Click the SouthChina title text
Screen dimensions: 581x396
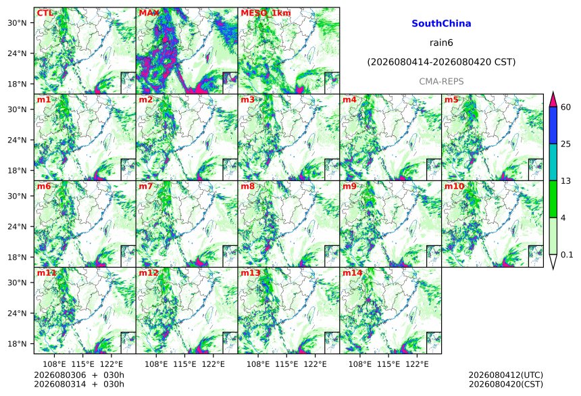(x=441, y=24)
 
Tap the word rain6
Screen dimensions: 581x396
(x=441, y=43)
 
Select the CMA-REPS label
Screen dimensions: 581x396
(x=441, y=82)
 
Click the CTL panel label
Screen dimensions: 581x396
(x=45, y=13)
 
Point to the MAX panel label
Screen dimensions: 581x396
(x=149, y=13)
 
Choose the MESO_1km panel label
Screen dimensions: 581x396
(x=266, y=14)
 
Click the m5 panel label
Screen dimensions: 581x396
(x=451, y=100)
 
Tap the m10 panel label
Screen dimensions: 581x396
(x=454, y=186)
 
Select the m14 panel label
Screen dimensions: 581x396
(x=353, y=273)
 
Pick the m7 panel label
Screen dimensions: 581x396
(x=146, y=186)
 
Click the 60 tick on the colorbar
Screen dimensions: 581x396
(x=566, y=107)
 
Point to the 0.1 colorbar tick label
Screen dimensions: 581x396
(x=567, y=255)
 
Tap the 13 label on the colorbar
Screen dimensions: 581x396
(x=566, y=181)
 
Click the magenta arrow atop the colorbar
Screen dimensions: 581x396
(x=553, y=99)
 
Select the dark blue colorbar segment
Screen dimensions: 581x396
(x=553, y=125)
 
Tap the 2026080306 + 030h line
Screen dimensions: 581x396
(x=79, y=375)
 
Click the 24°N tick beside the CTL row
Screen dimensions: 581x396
(x=17, y=53)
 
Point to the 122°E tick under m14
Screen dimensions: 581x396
(x=418, y=364)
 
